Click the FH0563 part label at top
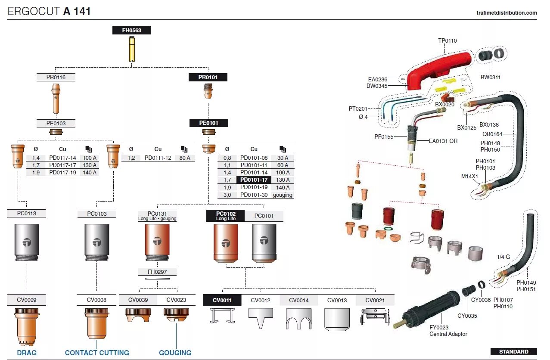point(132,31)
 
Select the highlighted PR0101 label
point(208,78)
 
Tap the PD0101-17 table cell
point(254,180)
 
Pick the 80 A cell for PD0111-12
point(185,158)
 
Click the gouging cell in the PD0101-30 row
point(283,195)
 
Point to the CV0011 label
point(222,300)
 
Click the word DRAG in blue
point(27,353)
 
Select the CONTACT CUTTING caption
point(97,353)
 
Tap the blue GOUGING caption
point(175,353)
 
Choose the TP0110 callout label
point(447,41)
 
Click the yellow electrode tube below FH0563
point(132,49)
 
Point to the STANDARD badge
point(513,351)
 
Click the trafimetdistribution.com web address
point(507,13)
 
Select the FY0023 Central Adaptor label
point(448,331)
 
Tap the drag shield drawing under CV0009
point(27,326)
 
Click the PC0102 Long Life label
point(226,216)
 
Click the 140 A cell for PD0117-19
point(90,173)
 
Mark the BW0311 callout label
point(490,78)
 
